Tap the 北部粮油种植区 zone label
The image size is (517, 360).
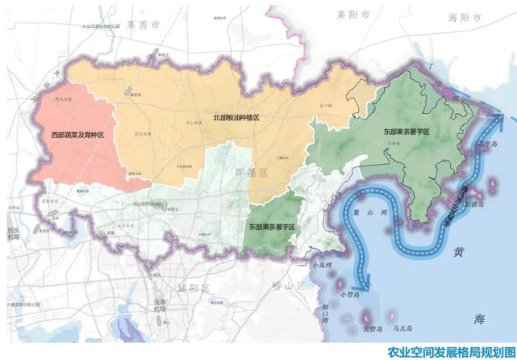click(236, 118)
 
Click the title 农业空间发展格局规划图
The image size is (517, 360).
click(449, 352)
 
